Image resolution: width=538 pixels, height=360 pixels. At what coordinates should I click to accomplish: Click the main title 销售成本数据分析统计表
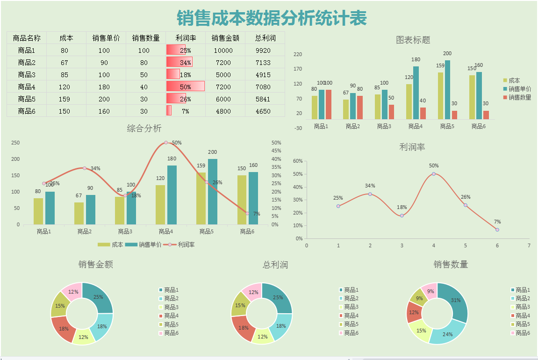[272, 18]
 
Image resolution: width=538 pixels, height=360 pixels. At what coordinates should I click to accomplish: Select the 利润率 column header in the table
[186, 38]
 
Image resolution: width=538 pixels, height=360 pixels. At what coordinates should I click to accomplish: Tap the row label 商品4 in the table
[27, 87]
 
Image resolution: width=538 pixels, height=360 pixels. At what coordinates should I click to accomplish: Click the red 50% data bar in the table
[185, 86]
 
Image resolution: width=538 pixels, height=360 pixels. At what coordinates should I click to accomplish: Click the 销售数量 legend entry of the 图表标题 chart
[520, 97]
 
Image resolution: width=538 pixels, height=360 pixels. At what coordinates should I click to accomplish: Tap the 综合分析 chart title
[144, 128]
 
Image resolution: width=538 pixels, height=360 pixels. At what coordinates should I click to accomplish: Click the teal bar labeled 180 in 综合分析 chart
[172, 195]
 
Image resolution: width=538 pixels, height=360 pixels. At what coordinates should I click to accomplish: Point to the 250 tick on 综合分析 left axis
[16, 143]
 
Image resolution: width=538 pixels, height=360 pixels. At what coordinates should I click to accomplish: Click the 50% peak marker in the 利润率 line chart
[434, 174]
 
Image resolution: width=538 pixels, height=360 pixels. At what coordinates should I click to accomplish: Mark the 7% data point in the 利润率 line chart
[497, 230]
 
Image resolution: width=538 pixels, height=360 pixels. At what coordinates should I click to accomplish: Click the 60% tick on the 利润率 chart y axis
[297, 161]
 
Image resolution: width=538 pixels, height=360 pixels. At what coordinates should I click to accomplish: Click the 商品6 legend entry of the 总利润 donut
[351, 333]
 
